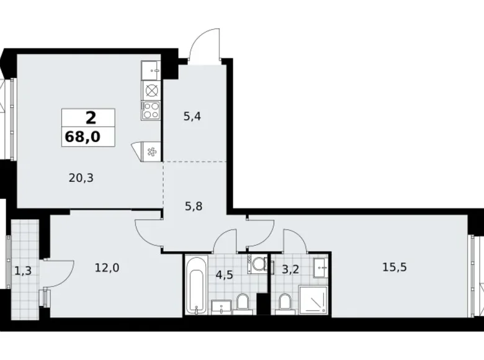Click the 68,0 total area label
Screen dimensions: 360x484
point(88,135)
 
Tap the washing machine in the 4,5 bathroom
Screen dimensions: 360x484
point(257,265)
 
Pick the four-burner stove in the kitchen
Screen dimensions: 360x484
point(151,110)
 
